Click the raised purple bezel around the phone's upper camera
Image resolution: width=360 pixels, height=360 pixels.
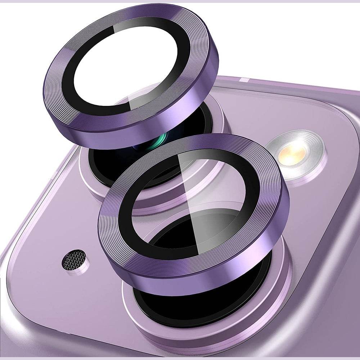tap(86, 180)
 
